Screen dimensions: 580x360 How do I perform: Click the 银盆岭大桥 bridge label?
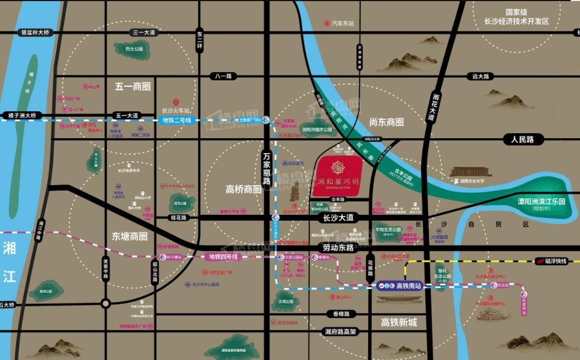34,33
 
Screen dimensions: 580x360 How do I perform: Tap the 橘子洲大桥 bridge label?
22,116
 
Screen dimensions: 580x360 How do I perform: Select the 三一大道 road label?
144,33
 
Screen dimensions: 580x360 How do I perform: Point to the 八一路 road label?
224,76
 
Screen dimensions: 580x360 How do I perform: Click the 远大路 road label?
480,77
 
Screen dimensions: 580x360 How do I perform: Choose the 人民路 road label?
522,140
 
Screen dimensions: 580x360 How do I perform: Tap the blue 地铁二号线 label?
177,120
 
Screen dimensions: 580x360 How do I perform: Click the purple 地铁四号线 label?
223,257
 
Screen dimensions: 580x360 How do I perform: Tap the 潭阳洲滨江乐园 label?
541,201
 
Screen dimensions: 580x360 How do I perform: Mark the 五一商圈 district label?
133,86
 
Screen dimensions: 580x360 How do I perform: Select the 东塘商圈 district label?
130,236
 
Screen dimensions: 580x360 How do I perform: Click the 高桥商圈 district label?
243,189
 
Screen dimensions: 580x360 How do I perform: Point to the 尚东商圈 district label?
386,122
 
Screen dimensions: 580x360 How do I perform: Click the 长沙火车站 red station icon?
176,102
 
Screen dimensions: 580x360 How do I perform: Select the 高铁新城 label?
399,322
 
